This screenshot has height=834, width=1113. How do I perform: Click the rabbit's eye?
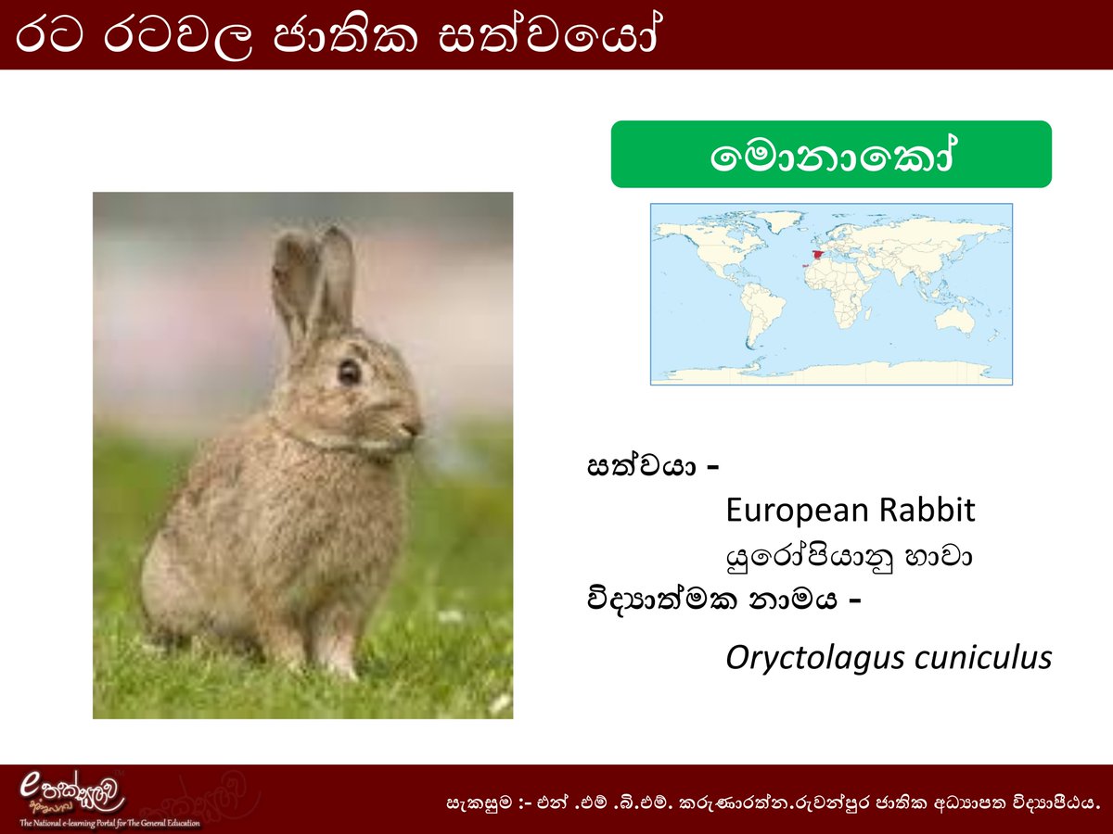350,372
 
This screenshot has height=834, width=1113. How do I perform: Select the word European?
798,510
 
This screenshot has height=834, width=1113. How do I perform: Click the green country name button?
831,155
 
